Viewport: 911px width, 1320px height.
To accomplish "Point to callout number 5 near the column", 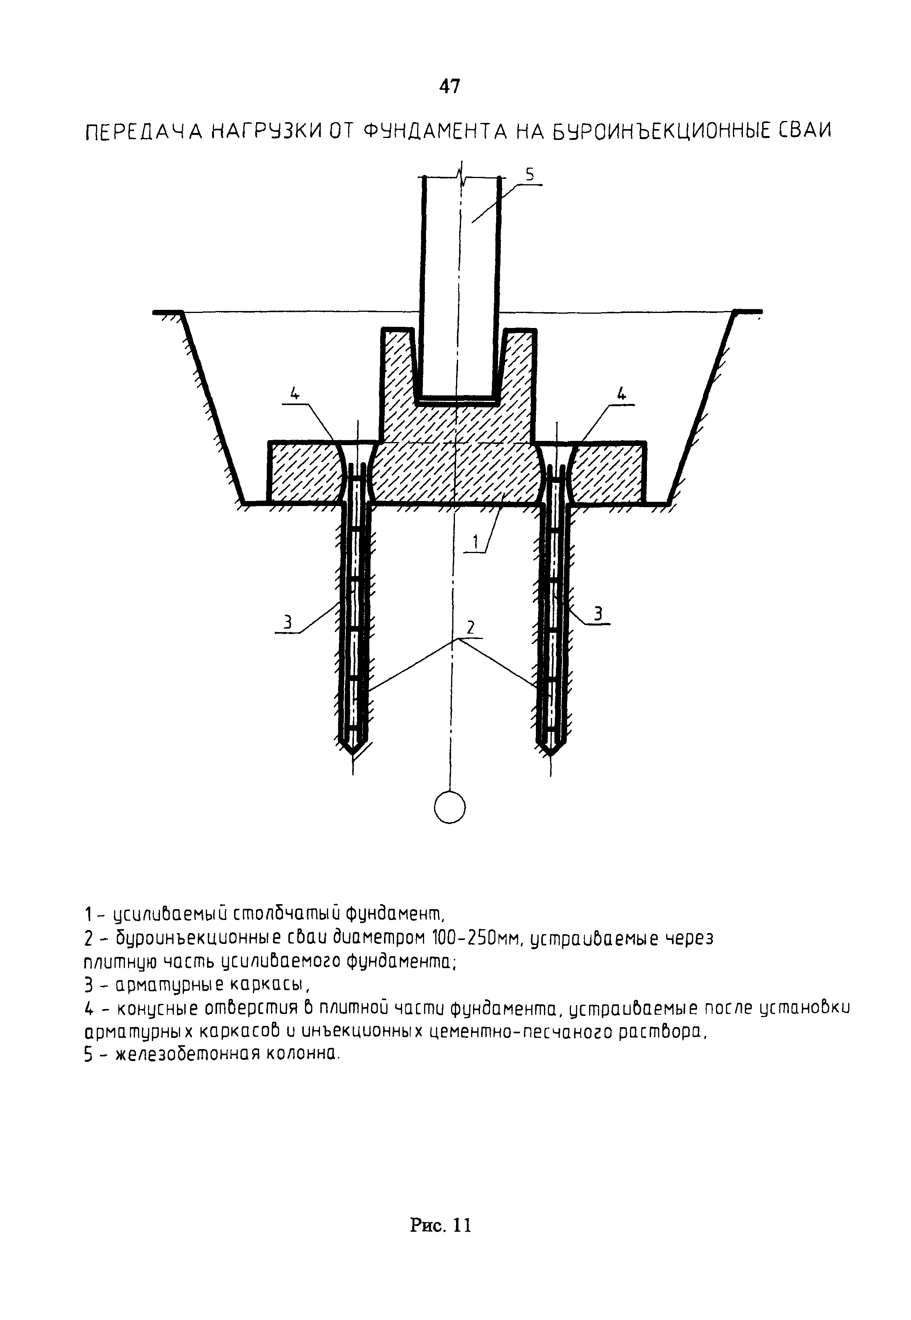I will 530,176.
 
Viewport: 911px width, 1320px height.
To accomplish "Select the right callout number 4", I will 621,393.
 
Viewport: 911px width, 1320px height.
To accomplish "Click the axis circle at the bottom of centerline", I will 450,808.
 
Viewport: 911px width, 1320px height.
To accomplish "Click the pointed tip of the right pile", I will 551,754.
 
